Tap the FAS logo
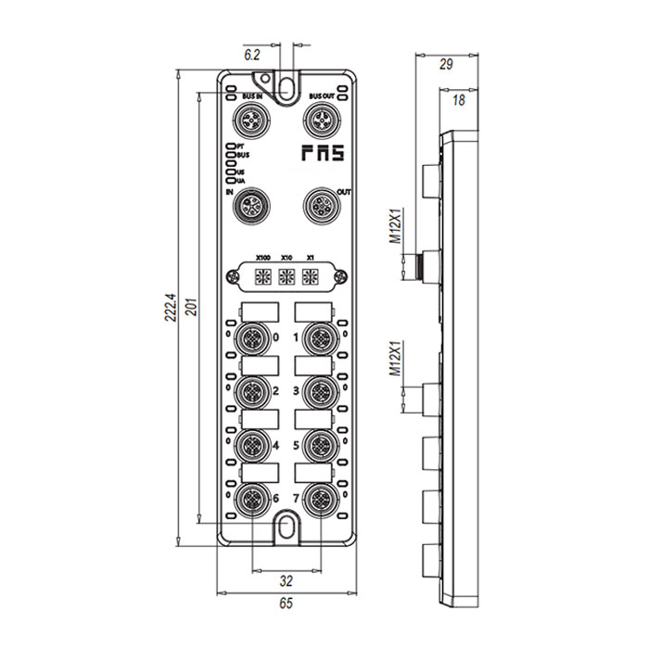click(x=322, y=154)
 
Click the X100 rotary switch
click(x=262, y=275)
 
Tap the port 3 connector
click(x=320, y=388)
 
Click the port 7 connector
click(x=320, y=498)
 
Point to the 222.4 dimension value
click(x=169, y=310)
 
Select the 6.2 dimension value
click(x=251, y=56)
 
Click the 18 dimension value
click(x=458, y=100)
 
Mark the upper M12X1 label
click(x=395, y=226)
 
